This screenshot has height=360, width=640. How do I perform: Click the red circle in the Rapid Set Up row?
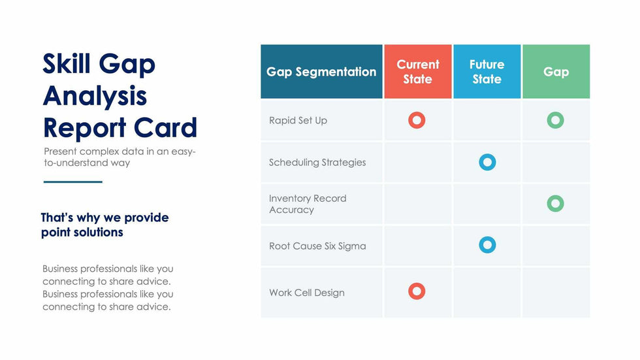pos(417,115)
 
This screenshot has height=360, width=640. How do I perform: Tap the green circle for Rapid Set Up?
pos(556,115)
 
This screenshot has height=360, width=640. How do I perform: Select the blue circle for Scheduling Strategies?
pos(487,157)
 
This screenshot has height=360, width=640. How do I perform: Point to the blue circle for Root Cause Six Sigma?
pos(487,240)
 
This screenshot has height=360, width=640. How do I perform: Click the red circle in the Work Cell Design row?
pos(417,286)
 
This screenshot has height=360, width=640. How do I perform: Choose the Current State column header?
pos(418,71)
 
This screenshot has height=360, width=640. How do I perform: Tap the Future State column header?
pos(487,71)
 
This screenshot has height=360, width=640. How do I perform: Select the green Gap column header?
pos(556,71)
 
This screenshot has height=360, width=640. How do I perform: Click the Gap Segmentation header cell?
pos(321,71)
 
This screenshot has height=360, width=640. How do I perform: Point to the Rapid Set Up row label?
pos(298,120)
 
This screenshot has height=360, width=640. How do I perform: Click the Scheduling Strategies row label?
pos(317,163)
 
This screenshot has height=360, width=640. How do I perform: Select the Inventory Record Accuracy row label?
pos(308,204)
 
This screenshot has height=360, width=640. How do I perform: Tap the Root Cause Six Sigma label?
pos(317,246)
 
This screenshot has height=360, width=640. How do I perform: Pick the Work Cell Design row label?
pos(307,293)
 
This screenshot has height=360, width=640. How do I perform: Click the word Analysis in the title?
pos(95,96)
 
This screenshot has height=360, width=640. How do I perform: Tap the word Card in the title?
pos(165,127)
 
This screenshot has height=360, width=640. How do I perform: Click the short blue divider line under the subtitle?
pos(73,182)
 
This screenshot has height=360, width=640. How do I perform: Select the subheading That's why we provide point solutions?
pos(105,225)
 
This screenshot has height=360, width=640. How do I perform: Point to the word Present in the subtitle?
pos(60,152)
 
